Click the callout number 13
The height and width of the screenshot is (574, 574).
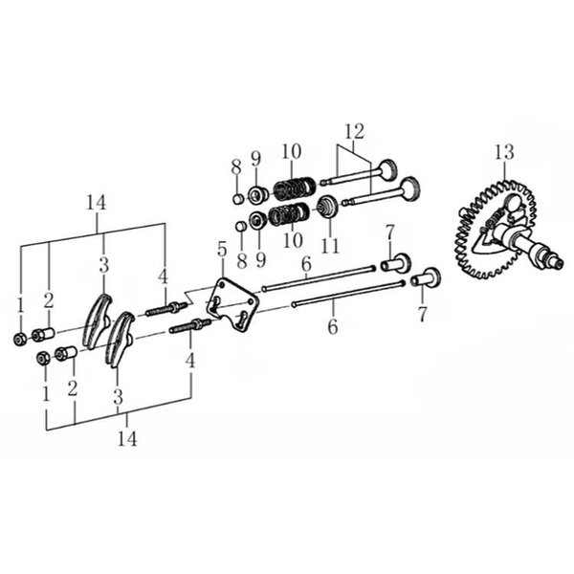pos(504,152)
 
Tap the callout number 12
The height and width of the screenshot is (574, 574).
pos(355,131)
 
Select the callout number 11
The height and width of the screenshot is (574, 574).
pos(330,245)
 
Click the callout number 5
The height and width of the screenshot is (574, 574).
pos(222,250)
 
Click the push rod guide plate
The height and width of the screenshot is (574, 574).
pos(232,304)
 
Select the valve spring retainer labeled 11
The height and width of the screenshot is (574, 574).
pos(328,208)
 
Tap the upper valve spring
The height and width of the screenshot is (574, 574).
pos(295,188)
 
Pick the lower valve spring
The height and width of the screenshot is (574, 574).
pos(289,214)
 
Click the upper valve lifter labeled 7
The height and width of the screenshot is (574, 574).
pos(396,262)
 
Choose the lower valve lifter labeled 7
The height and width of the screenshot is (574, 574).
pos(426,278)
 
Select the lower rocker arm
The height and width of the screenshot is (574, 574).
pos(119,339)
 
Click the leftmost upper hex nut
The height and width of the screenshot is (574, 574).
pos(19,340)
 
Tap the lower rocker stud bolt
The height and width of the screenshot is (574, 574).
pos(190,326)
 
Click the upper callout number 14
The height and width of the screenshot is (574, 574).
pos(97,203)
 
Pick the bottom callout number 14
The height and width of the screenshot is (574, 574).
pos(127,438)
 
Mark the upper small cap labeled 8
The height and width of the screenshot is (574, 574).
pos(238,199)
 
